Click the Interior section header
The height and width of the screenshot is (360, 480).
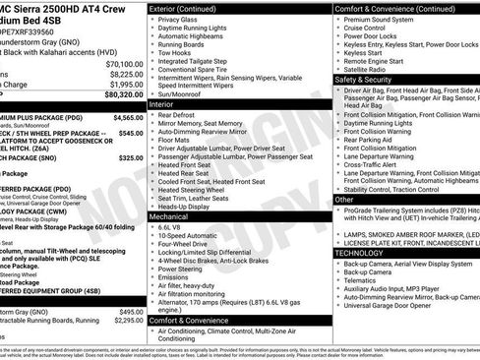click(x=162, y=102)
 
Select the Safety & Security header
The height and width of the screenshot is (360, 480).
click(x=365, y=79)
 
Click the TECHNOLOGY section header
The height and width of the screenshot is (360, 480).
click(x=360, y=253)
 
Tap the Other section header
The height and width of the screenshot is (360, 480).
click(x=344, y=199)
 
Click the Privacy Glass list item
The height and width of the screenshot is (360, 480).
click(x=178, y=19)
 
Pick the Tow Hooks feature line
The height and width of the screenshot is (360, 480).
click(x=175, y=54)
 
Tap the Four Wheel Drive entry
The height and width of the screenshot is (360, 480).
click(x=185, y=245)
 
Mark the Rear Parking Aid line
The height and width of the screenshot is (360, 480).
click(x=377, y=139)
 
